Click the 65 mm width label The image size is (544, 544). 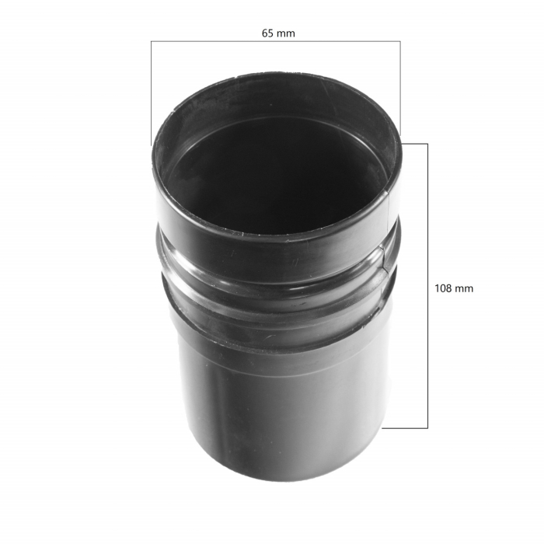coord(278,33)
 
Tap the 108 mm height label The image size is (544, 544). coord(454,288)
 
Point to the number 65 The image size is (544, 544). coord(268,33)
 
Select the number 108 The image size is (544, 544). coord(443,288)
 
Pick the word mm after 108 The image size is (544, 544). coord(464,288)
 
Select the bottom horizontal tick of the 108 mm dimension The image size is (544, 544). coord(406,427)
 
